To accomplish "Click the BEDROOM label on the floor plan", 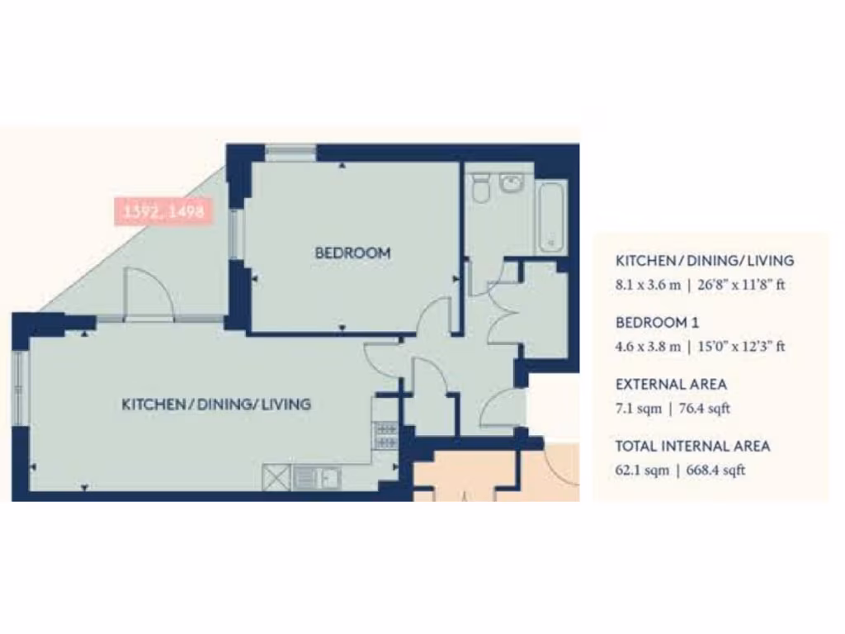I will tap(352, 253).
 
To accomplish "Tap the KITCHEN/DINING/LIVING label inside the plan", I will tap(216, 405).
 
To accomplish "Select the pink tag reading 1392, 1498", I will tap(163, 212).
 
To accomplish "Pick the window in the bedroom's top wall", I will tap(290, 152).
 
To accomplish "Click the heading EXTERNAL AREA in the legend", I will tap(671, 384).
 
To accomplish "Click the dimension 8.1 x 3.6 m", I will tap(648, 285).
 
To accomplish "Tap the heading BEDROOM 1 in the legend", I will tap(657, 322).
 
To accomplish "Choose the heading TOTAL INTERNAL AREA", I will tap(692, 446).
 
